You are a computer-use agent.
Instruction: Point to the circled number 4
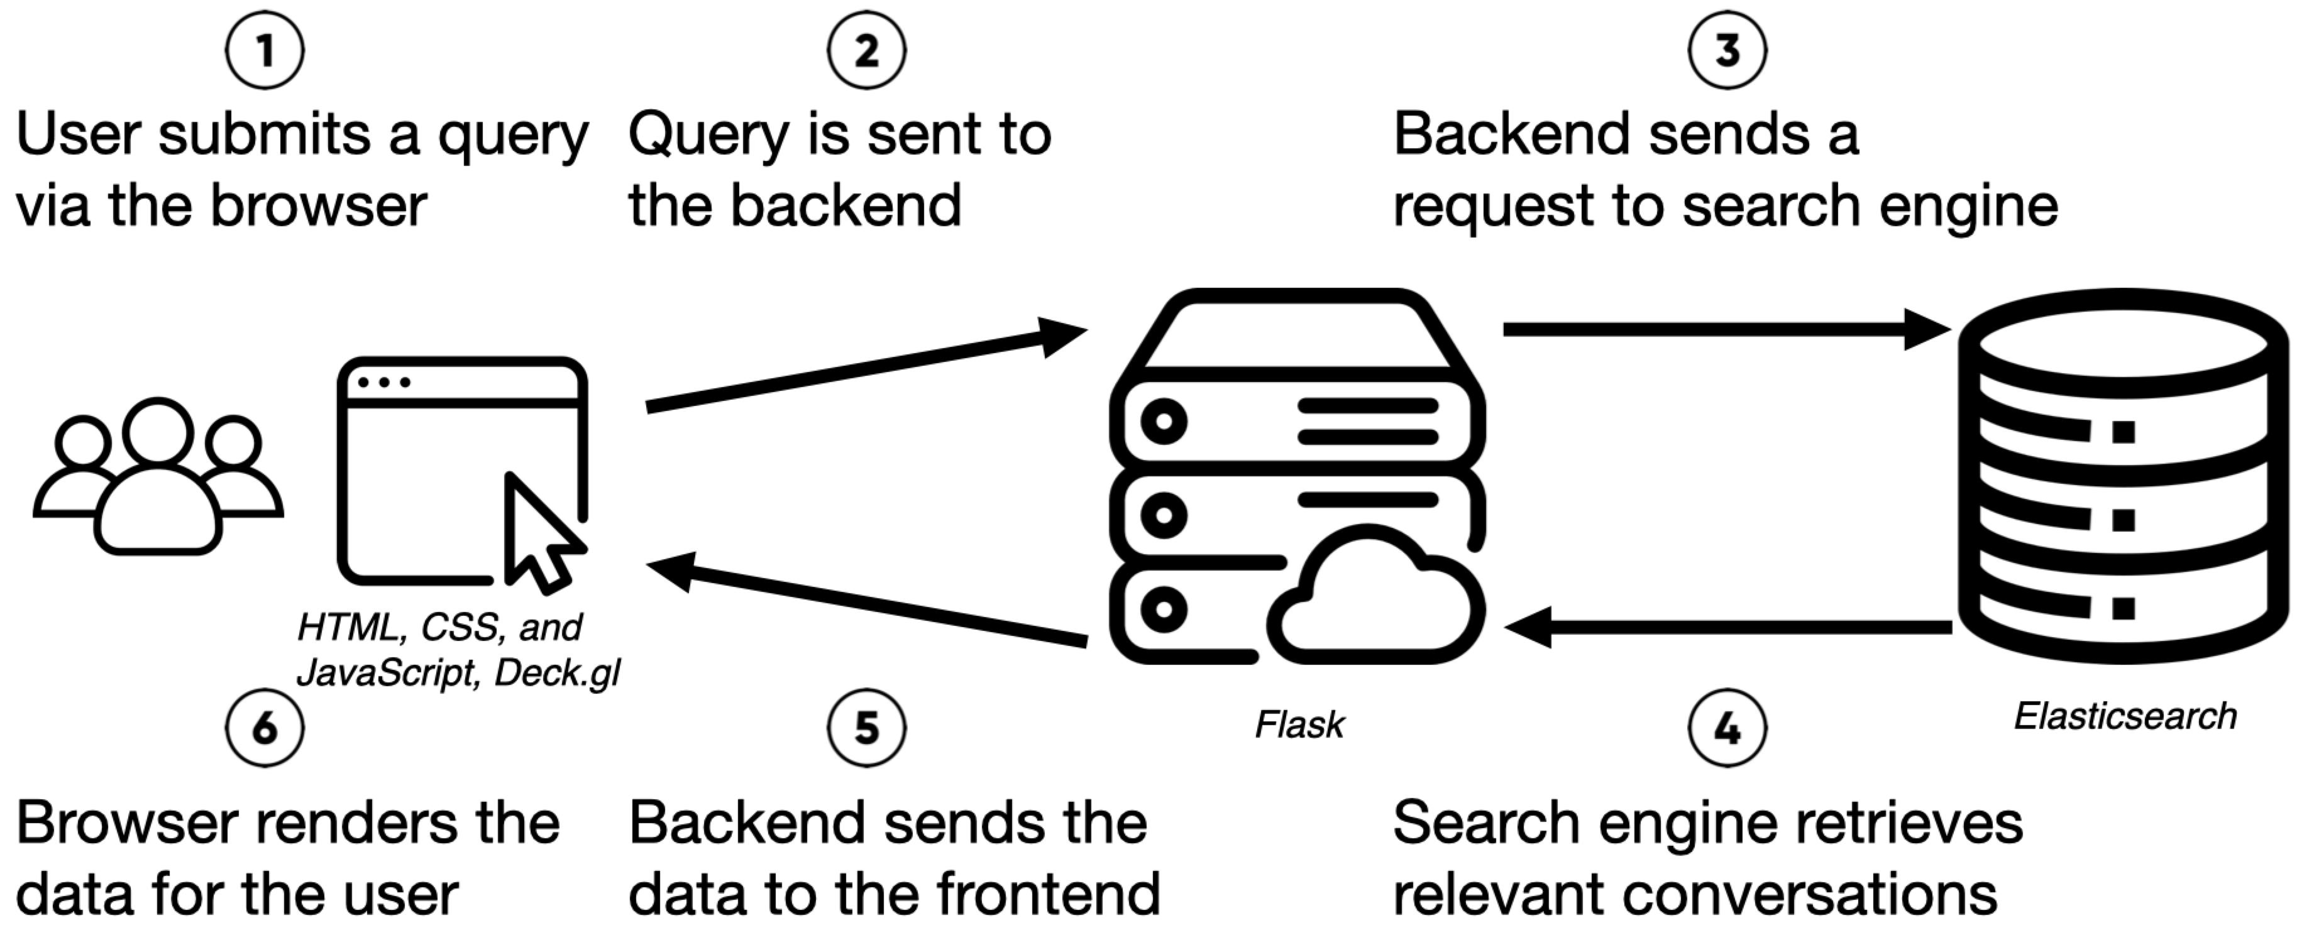[1727, 728]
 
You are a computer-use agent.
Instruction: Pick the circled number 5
[867, 728]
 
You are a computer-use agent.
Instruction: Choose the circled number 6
[265, 728]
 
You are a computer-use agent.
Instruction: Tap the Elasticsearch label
[2125, 716]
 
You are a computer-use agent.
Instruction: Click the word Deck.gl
[558, 674]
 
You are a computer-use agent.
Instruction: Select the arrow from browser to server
[865, 370]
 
